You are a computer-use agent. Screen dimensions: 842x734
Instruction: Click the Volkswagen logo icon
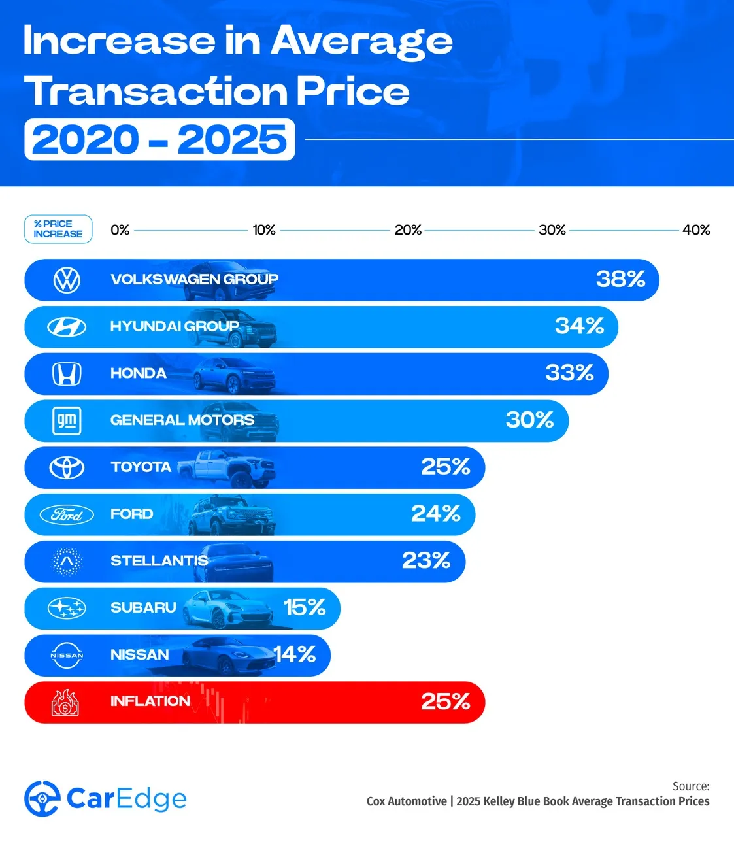(67, 280)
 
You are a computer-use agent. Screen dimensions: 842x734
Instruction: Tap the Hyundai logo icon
(67, 326)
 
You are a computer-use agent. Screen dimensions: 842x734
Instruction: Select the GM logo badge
(67, 420)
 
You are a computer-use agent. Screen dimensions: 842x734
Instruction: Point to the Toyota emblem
(67, 467)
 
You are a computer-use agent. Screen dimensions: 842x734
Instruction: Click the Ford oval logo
(67, 514)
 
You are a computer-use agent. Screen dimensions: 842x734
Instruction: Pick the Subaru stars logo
(67, 608)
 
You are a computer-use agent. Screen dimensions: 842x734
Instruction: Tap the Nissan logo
(67, 655)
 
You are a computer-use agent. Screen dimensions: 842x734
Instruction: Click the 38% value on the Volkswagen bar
(620, 279)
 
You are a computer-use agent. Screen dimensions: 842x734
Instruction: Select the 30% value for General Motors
(529, 420)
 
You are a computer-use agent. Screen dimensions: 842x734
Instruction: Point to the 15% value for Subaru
(305, 607)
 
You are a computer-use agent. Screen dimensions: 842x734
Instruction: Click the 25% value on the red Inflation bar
(446, 701)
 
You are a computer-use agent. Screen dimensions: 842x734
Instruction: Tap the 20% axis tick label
(408, 230)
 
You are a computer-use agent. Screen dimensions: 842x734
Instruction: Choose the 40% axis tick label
(696, 230)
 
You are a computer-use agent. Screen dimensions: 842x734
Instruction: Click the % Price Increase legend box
(58, 229)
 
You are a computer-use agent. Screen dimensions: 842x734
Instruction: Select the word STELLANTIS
(159, 561)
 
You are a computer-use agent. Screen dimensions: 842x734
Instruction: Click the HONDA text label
(139, 373)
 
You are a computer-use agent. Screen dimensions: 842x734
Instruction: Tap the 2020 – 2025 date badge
(159, 139)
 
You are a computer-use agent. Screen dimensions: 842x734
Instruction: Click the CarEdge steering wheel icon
(42, 798)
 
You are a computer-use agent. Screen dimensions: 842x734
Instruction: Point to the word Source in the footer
(691, 786)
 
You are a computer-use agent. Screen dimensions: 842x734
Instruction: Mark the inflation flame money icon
(65, 703)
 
